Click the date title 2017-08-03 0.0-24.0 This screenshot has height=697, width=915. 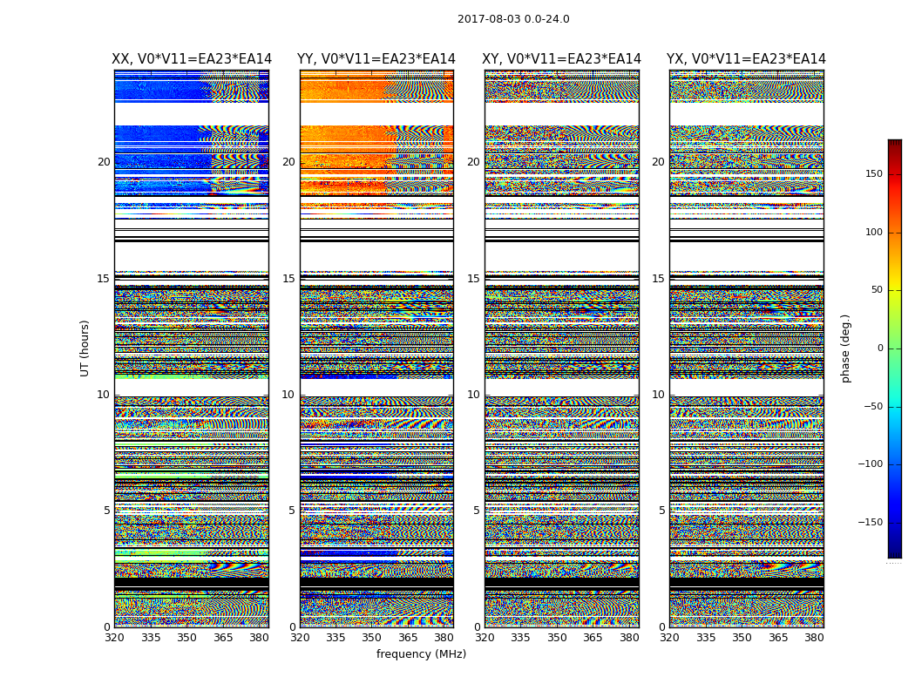(513, 19)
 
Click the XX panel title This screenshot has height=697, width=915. (192, 59)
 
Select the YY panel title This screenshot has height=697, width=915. (376, 59)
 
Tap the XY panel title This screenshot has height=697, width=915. (562, 59)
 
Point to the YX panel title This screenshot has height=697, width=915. (746, 59)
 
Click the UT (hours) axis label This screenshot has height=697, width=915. (85, 348)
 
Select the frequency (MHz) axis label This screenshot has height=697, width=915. (421, 654)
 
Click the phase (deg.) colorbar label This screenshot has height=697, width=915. (845, 348)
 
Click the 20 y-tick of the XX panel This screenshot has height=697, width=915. (104, 162)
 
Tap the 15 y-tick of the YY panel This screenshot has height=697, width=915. (288, 279)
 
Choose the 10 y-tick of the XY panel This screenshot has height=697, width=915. (473, 395)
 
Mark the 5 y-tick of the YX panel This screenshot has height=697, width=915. (661, 511)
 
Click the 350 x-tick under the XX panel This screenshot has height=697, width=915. (186, 638)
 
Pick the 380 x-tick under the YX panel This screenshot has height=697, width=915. (814, 638)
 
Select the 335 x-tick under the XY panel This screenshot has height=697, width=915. (520, 638)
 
